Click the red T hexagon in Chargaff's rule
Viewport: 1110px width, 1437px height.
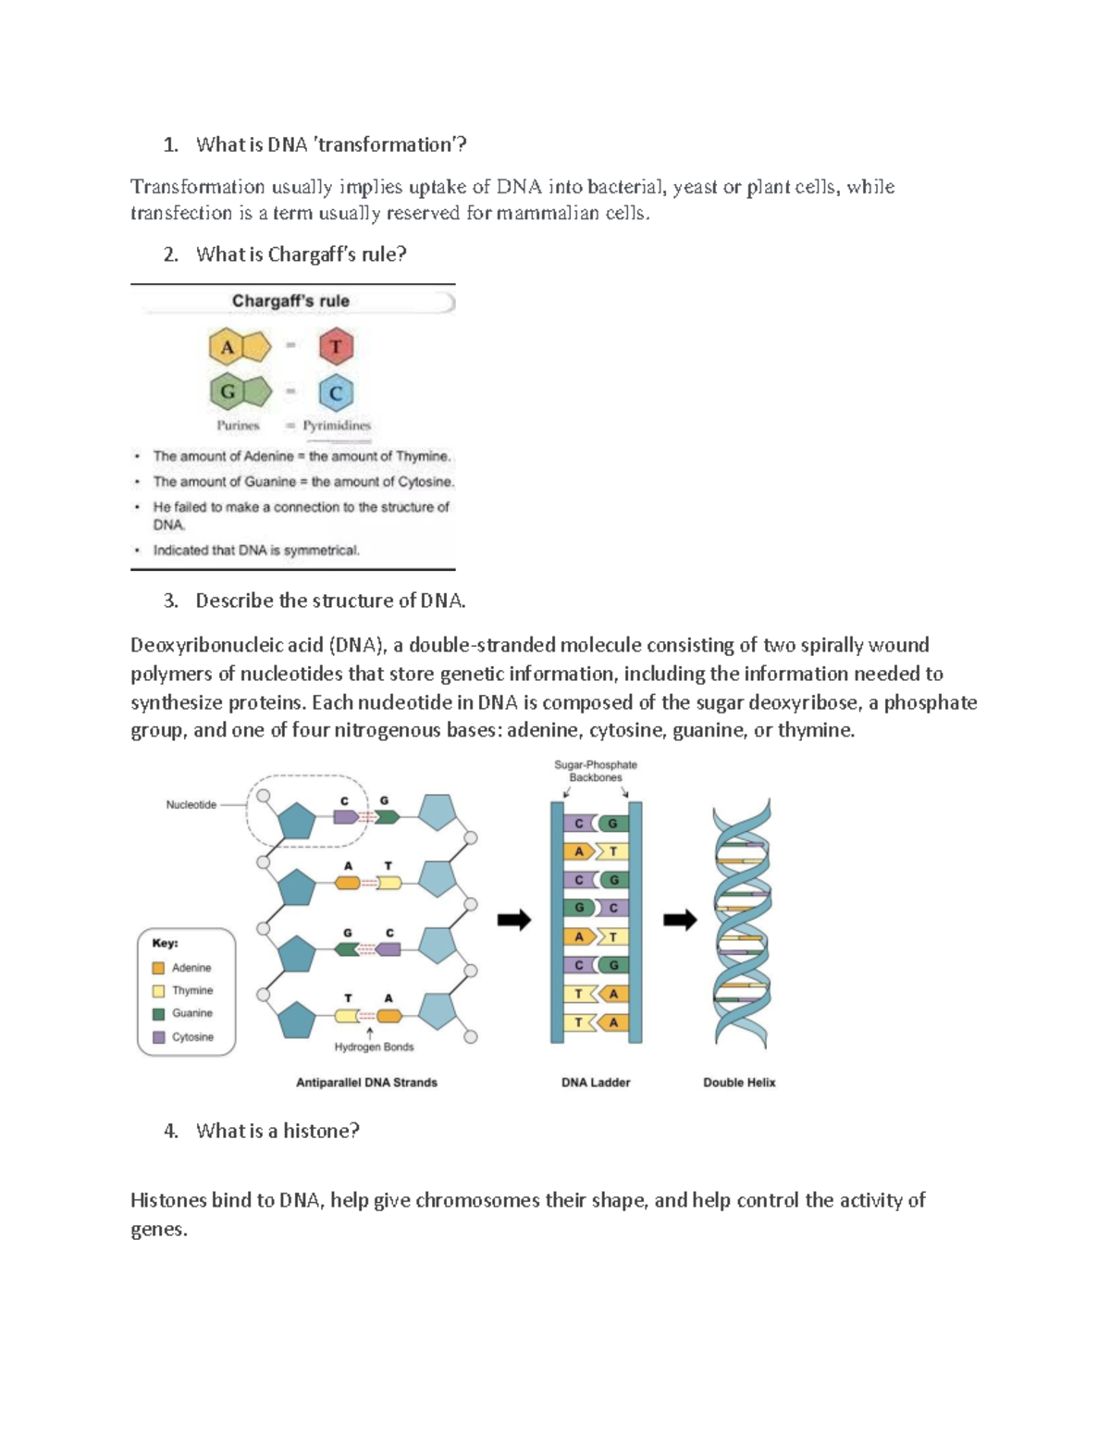336,347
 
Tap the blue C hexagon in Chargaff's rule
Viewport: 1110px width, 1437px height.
336,393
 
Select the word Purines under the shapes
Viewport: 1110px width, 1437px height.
238,426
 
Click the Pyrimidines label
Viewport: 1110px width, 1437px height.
337,426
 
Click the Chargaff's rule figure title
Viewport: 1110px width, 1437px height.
290,301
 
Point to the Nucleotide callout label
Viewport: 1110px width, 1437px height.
191,805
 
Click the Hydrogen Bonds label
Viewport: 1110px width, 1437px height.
374,1047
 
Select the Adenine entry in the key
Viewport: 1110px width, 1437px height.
191,968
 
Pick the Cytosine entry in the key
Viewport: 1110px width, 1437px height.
191,1037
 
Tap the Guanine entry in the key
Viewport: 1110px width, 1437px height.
191,1013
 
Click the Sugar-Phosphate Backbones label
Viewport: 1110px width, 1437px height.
596,771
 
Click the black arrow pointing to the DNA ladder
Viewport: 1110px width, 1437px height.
514,920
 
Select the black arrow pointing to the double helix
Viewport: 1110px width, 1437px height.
680,920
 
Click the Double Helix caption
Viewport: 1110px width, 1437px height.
739,1083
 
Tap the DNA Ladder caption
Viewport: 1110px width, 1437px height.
596,1083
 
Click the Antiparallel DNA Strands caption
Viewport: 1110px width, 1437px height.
366,1083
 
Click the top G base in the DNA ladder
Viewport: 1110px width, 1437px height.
612,824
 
